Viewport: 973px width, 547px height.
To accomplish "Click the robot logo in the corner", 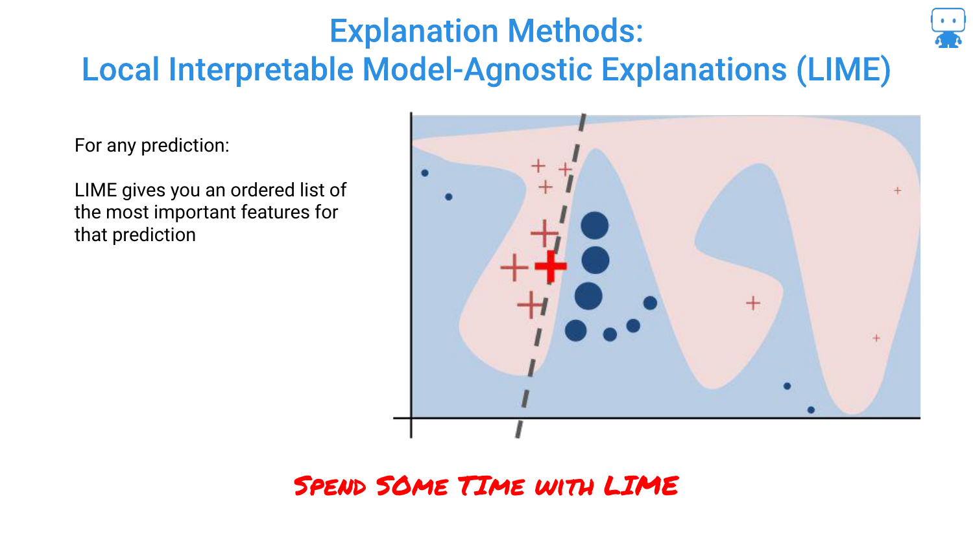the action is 948,28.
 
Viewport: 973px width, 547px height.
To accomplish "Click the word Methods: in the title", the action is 575,31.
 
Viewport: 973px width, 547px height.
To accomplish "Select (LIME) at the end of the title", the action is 843,70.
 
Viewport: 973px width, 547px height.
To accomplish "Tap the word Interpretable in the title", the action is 261,70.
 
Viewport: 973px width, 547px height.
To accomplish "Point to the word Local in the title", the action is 121,69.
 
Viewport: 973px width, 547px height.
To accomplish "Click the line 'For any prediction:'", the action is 152,145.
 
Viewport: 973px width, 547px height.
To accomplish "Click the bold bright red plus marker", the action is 550,266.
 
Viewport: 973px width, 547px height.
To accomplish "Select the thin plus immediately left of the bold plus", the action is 514,268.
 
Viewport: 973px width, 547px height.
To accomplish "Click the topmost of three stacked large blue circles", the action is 594,226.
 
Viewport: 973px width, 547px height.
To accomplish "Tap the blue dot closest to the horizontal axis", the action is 811,410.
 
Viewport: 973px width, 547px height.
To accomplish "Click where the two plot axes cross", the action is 411,418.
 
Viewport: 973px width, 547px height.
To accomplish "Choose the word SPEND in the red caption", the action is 330,486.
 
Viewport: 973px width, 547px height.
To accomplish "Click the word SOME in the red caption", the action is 412,485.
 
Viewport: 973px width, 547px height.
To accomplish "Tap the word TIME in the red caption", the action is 491,485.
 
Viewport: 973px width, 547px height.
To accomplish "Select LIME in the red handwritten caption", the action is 641,485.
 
